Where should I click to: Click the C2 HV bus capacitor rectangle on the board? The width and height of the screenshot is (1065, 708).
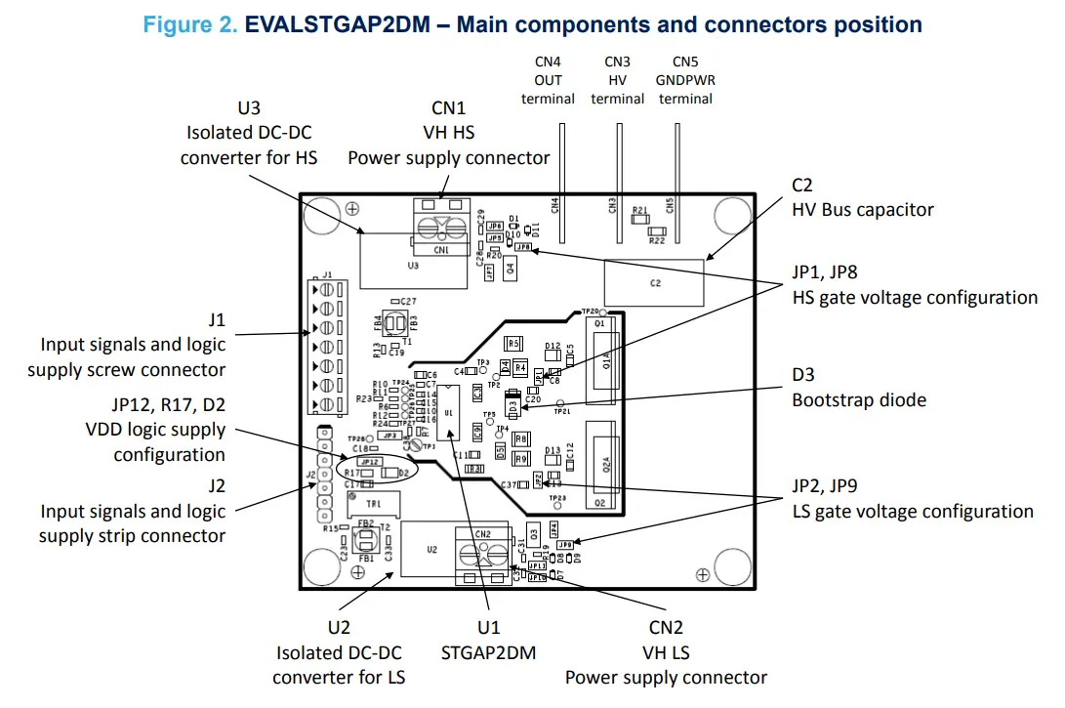click(655, 282)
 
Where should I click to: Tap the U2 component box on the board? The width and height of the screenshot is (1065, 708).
click(432, 550)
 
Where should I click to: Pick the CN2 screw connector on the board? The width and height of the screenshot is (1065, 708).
click(482, 553)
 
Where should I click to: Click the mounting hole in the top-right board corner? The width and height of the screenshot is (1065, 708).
click(731, 215)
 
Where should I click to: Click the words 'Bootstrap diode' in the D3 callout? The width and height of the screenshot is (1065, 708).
click(858, 399)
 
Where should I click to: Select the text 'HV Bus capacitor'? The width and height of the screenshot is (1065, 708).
click(862, 209)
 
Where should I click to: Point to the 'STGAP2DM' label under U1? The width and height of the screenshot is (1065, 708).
click(487, 652)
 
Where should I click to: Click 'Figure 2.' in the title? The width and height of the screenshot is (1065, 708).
click(189, 24)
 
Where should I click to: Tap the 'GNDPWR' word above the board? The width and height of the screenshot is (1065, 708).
click(685, 80)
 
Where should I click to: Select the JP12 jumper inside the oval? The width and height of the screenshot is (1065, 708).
click(369, 461)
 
